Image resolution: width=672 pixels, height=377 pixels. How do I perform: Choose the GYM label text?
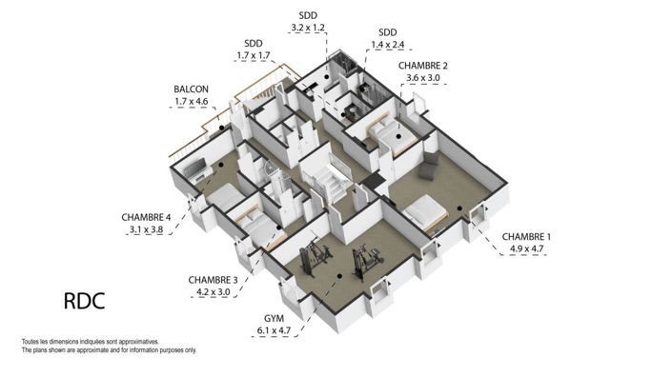[x=273, y=318]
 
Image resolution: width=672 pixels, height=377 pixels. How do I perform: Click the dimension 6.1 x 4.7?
[x=273, y=331]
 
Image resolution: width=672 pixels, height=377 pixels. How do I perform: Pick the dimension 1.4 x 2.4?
[x=388, y=45]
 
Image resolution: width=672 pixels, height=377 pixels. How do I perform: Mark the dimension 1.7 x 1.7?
[x=254, y=56]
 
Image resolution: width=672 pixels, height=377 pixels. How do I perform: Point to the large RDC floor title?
[x=83, y=302]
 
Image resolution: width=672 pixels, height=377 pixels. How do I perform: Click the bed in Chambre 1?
[x=424, y=211]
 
